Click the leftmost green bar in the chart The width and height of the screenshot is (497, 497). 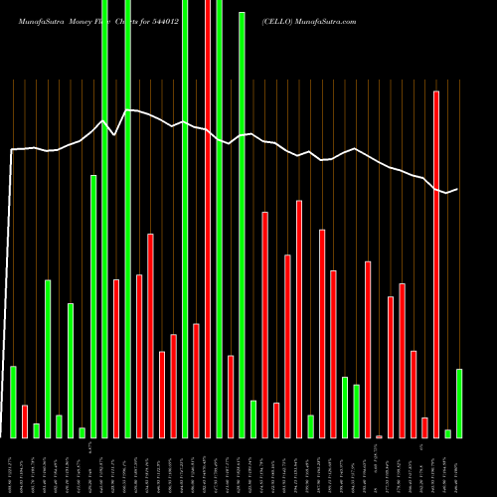[x=14, y=402]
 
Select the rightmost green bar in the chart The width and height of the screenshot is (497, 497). [x=459, y=403]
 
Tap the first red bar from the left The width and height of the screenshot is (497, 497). [x=25, y=420]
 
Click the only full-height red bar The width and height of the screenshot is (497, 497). [x=208, y=219]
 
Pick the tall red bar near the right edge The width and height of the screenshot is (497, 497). [x=436, y=263]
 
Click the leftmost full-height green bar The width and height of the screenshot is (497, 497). [x=105, y=219]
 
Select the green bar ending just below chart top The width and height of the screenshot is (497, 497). [x=242, y=224]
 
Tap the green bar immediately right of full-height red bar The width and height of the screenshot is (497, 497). [x=219, y=219]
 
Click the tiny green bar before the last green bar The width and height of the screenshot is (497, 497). [x=448, y=433]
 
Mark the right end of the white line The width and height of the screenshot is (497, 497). [x=457, y=189]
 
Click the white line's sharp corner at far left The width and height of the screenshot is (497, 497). [x=12, y=150]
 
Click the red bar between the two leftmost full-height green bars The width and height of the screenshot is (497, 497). [x=116, y=358]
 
